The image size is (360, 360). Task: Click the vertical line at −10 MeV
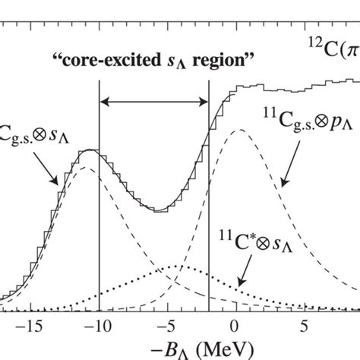pyautogui.click(x=99, y=190)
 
